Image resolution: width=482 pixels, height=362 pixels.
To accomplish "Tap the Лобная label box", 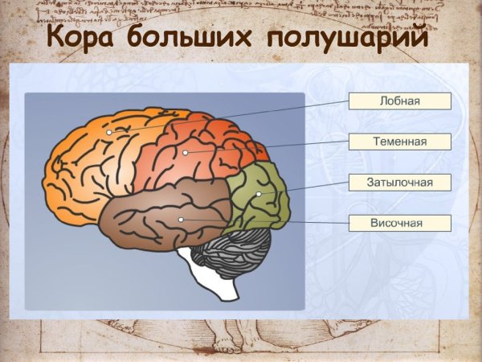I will click(x=399, y=101).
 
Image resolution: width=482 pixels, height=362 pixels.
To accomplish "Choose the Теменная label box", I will click(x=399, y=142).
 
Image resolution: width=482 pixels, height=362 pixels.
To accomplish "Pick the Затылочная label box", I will click(x=399, y=182).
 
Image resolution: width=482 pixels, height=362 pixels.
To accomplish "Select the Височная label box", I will click(x=399, y=222).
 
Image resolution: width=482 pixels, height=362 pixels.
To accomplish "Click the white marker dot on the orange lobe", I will click(x=109, y=132).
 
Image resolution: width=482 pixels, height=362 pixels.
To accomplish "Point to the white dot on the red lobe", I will click(x=186, y=152).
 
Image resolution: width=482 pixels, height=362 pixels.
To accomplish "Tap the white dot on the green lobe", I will click(x=259, y=195).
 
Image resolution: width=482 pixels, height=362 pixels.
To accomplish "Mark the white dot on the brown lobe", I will click(x=182, y=220).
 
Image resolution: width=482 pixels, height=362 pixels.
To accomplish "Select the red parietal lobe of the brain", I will click(x=209, y=145).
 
